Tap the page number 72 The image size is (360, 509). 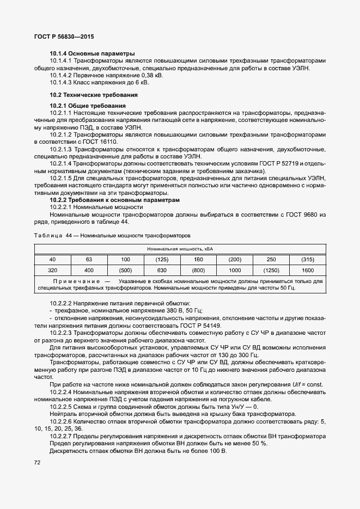37,462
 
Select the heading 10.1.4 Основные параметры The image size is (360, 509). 91,54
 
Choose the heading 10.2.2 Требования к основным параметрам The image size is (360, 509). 114,200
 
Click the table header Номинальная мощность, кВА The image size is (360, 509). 180,248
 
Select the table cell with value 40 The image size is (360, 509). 52,259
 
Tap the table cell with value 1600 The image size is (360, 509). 307,270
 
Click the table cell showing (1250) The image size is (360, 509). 271,270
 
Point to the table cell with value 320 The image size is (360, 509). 52,270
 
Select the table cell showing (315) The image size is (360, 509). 307,259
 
